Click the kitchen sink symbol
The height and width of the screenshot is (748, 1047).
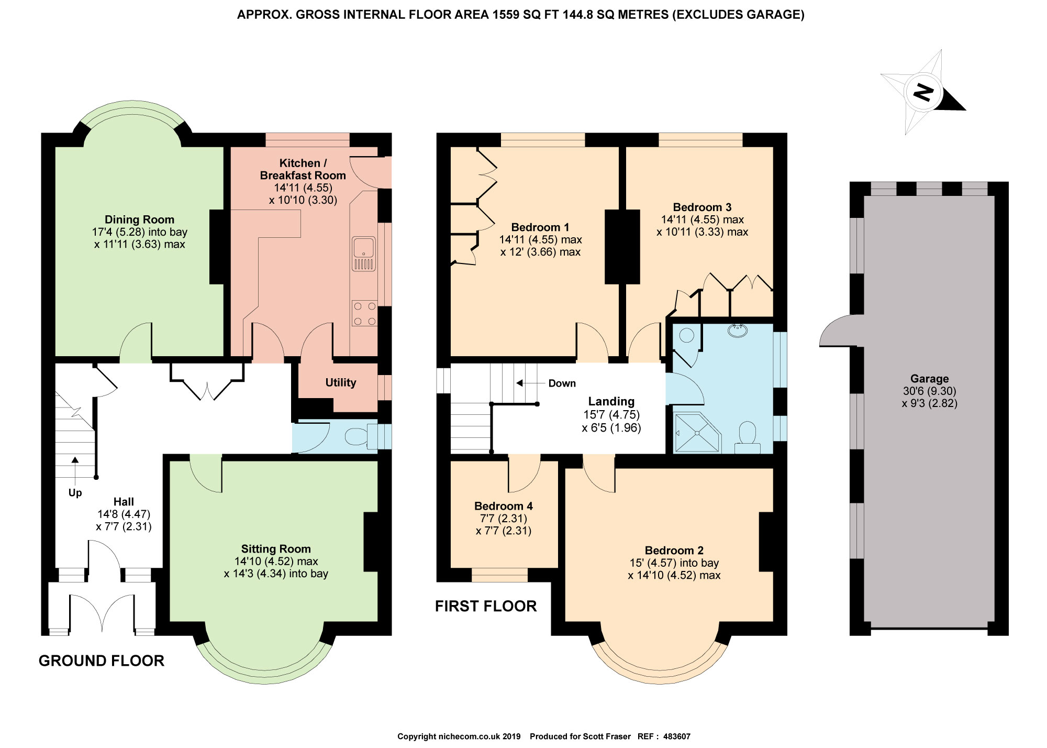click(364, 254)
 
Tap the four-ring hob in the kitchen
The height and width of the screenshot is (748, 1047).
click(364, 313)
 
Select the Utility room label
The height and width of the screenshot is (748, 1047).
click(341, 383)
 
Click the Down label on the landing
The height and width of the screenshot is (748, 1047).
click(562, 383)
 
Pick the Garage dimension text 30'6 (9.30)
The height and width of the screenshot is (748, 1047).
click(929, 391)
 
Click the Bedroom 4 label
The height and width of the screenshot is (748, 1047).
click(503, 506)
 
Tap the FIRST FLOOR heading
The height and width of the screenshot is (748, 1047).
click(486, 606)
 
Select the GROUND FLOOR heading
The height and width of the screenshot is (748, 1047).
click(102, 661)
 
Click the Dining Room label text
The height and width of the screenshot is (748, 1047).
click(139, 220)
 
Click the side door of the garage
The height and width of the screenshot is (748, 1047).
click(838, 331)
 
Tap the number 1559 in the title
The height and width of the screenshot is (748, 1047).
click(506, 15)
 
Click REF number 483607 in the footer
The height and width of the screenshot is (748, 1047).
click(676, 736)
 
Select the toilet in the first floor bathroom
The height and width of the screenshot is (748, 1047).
click(748, 439)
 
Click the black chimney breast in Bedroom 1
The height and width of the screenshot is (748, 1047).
click(622, 247)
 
